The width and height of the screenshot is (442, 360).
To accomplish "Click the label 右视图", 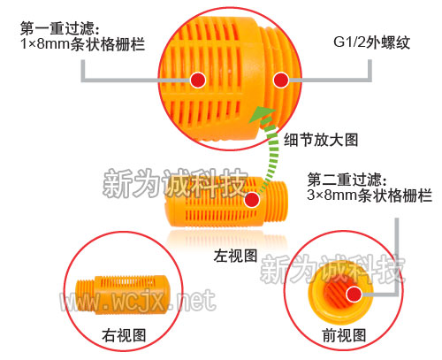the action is [x=124, y=335].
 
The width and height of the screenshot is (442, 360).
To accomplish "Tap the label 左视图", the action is [x=236, y=256].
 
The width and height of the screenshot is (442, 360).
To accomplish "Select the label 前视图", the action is [x=344, y=335].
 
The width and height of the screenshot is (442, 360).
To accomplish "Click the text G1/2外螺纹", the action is [x=372, y=42].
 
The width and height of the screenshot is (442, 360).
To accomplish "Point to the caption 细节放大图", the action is [x=321, y=140].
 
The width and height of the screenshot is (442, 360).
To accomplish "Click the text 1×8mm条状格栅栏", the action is [x=83, y=44].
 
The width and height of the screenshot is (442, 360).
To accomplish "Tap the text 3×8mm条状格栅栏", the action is [x=370, y=195].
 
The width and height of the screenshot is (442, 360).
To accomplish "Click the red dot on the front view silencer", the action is [x=354, y=294].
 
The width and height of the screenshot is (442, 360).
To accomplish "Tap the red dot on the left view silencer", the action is [x=251, y=200].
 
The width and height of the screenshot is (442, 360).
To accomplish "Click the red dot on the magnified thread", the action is [x=281, y=80].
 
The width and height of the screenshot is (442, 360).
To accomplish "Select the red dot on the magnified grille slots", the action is [x=198, y=80].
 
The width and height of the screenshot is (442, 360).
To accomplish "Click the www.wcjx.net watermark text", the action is [x=138, y=300].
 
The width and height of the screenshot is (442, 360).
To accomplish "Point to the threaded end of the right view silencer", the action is [x=85, y=295].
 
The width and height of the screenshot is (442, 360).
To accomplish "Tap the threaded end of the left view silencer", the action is [x=275, y=202].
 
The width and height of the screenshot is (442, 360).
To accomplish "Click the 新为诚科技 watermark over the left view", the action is [x=176, y=183].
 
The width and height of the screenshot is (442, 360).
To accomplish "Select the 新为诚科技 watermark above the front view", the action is [x=333, y=269].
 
